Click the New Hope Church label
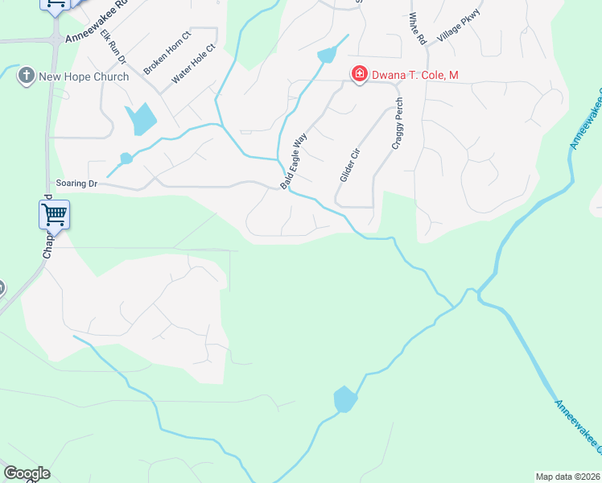coord(84,76)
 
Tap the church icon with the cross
coord(26,76)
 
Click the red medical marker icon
coord(359,75)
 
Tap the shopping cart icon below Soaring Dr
coord(54,215)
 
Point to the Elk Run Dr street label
coord(113,48)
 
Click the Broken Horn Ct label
coord(167,53)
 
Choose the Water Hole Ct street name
coord(194,63)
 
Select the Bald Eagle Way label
coord(294,162)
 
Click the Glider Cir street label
coord(348,163)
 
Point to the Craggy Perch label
coord(396,124)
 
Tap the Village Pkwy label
coord(458,27)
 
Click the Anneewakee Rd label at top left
coord(97,27)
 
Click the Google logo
coord(27,473)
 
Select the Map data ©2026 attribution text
coord(567,477)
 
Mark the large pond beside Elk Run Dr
coord(142,120)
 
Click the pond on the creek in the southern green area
coord(344,398)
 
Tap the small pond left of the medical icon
coord(328,55)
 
